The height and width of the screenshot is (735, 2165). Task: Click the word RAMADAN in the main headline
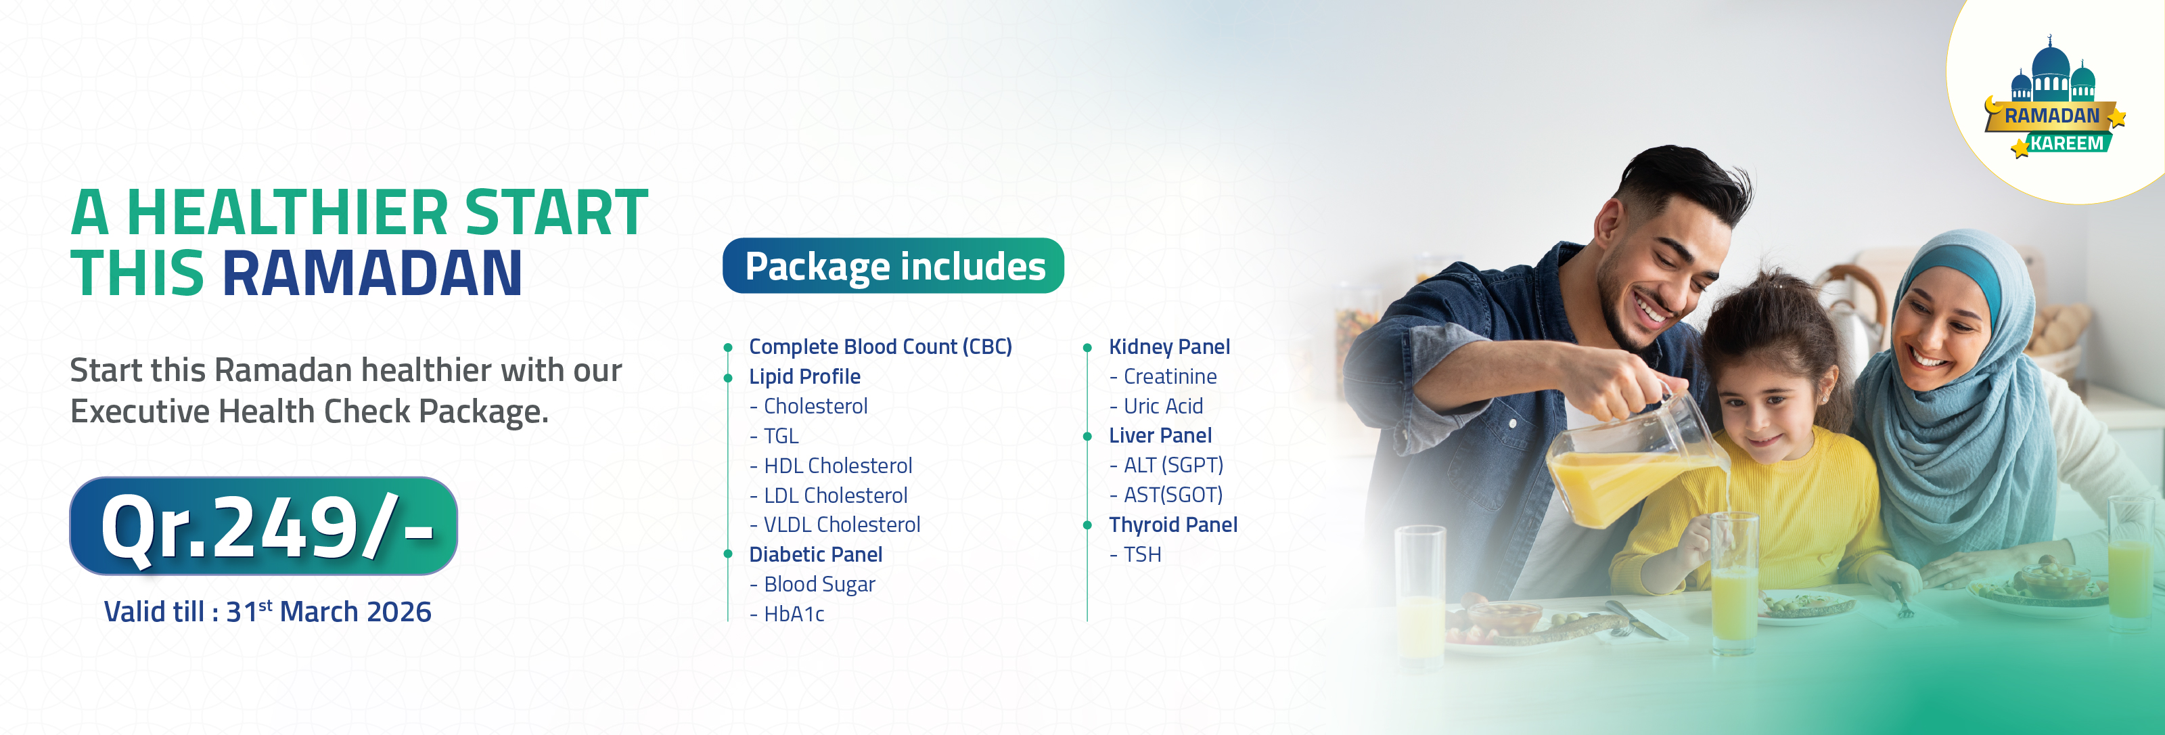(371, 273)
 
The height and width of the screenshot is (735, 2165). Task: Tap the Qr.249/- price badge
(263, 527)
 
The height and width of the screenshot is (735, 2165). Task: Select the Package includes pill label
(893, 266)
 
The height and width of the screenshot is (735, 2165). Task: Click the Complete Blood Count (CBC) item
(880, 347)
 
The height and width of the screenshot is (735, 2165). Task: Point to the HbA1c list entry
(787, 614)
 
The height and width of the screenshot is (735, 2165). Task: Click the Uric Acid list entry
(1156, 406)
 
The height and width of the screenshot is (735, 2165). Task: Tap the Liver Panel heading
(1160, 436)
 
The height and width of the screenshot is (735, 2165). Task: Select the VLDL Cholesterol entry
(836, 525)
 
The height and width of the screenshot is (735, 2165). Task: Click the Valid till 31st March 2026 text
(267, 611)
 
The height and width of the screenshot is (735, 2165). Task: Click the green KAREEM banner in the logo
(2066, 143)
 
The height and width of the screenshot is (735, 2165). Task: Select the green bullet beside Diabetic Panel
(728, 554)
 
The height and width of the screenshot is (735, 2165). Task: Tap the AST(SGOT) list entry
(1166, 495)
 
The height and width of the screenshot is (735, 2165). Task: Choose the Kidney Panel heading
(1169, 347)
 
